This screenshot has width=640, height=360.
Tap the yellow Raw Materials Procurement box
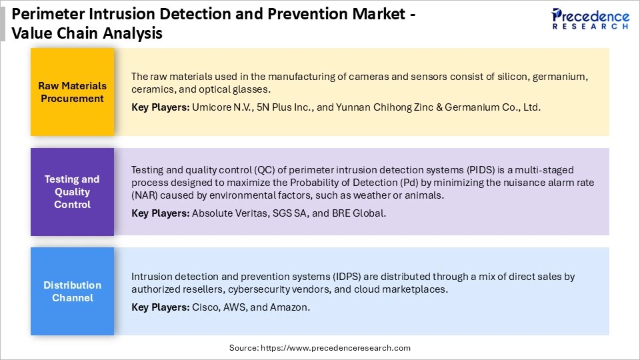click(72, 92)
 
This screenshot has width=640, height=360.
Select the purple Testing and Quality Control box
click(72, 191)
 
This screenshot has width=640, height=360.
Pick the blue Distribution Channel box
click(72, 291)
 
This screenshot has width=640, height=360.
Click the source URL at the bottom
click(320, 348)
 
